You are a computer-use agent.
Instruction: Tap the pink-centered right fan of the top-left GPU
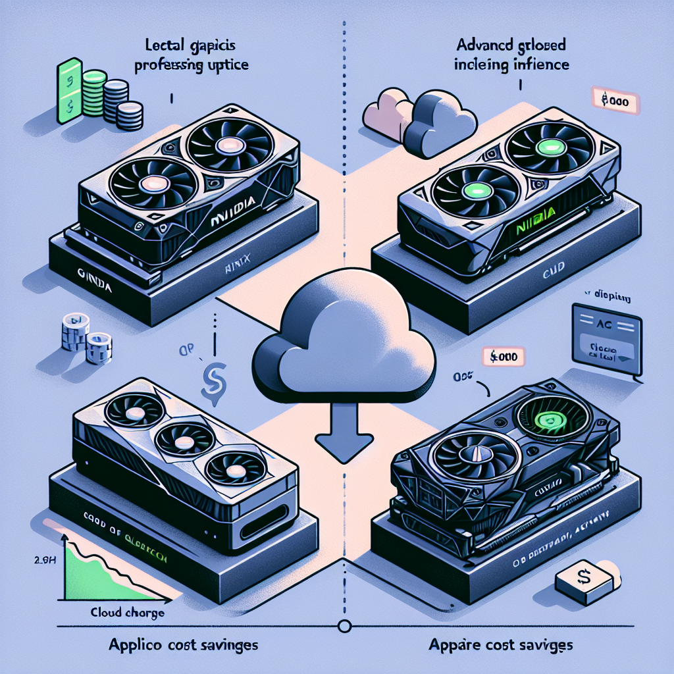228,145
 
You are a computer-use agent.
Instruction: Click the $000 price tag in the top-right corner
617,103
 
